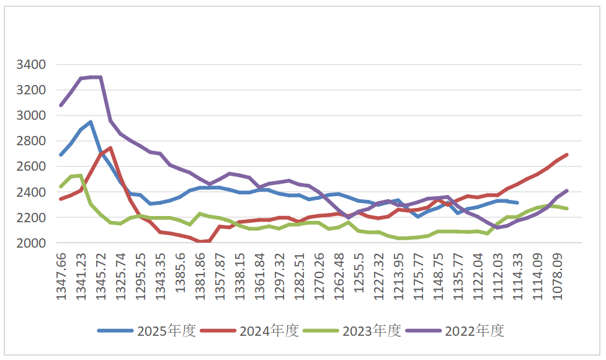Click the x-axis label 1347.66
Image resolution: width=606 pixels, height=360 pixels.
61,276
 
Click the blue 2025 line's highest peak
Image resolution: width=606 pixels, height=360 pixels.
91,122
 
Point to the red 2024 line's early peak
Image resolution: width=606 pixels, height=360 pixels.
110,148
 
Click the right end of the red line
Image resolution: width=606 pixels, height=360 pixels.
567,155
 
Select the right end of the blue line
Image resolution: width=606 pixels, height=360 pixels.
517,202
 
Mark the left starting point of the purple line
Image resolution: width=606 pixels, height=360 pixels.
61,106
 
